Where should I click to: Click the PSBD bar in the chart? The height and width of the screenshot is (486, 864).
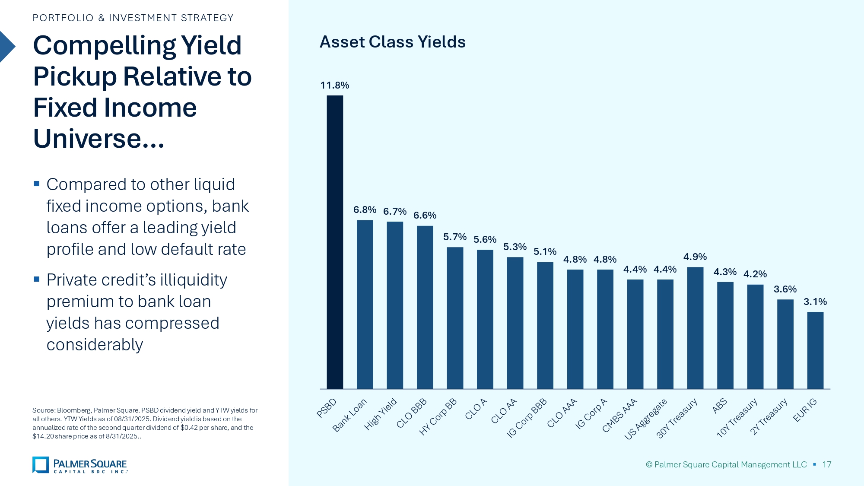(x=335, y=242)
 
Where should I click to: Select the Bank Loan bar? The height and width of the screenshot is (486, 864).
(x=365, y=305)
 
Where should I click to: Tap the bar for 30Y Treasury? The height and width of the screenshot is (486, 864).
(x=695, y=328)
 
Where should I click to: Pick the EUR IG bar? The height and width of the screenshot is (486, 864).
(x=815, y=350)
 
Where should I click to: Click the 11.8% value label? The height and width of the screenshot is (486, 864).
(x=334, y=85)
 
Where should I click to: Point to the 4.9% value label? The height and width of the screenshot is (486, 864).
(x=695, y=257)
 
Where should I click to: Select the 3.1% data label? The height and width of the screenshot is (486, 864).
(x=815, y=302)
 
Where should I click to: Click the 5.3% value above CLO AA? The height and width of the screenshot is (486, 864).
(x=515, y=247)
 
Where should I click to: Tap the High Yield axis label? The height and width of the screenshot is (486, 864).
(x=380, y=414)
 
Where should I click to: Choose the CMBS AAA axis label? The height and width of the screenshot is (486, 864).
(x=619, y=416)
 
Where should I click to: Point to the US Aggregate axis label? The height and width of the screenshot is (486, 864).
(x=646, y=419)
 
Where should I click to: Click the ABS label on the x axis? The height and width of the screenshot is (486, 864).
(x=720, y=406)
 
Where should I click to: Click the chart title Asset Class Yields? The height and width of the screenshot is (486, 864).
(x=392, y=42)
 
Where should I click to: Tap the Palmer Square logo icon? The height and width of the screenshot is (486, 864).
(x=41, y=465)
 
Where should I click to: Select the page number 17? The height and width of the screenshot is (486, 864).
(x=826, y=464)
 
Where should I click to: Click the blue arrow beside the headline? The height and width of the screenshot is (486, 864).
(x=6, y=47)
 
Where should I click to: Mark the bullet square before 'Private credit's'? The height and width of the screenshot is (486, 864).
(x=37, y=279)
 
